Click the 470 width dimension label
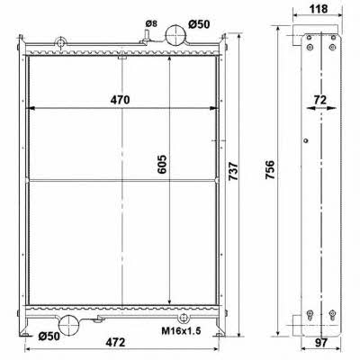pyautogui.click(x=120, y=100)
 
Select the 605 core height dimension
pyautogui.click(x=162, y=165)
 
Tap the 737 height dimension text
pyautogui.click(x=233, y=171)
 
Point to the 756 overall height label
pyautogui.click(x=270, y=170)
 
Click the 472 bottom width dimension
pyautogui.click(x=115, y=342)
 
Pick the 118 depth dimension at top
pyautogui.click(x=319, y=9)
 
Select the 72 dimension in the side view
pyautogui.click(x=320, y=100)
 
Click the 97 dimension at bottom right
pyautogui.click(x=320, y=343)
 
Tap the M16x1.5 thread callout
pyautogui.click(x=181, y=331)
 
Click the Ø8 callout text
pyautogui.click(x=151, y=23)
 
